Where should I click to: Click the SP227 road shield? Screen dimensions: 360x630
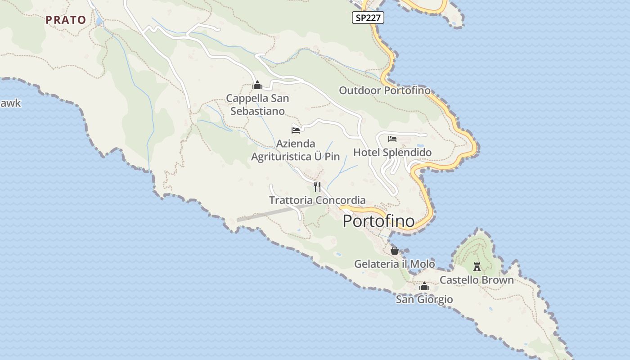tap(368, 18)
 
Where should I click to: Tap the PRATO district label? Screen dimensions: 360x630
tap(66, 20)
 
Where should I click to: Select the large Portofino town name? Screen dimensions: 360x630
tap(378, 221)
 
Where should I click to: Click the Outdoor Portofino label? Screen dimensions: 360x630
tap(384, 90)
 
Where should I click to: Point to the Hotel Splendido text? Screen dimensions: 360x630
tap(392, 153)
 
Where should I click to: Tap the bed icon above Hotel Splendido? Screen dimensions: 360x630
tap(392, 139)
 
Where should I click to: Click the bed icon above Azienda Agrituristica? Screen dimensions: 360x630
tap(296, 130)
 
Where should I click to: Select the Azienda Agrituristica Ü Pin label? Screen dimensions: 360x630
tap(295, 150)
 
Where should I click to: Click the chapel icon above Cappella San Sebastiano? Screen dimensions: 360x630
tap(257, 85)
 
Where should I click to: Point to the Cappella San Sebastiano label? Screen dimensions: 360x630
tap(257, 104)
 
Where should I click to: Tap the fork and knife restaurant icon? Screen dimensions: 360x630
tap(317, 186)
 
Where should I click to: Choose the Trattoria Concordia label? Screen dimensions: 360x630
tap(317, 200)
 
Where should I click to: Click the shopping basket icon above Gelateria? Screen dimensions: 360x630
tap(395, 251)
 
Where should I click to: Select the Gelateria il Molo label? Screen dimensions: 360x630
tap(394, 264)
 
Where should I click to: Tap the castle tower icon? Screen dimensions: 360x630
tap(477, 267)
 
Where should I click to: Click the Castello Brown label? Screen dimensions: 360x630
tap(476, 280)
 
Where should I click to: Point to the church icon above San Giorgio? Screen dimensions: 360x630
tap(424, 286)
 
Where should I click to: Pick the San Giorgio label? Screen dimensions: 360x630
tap(424, 299)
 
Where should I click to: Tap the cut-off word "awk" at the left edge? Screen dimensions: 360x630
tap(10, 103)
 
